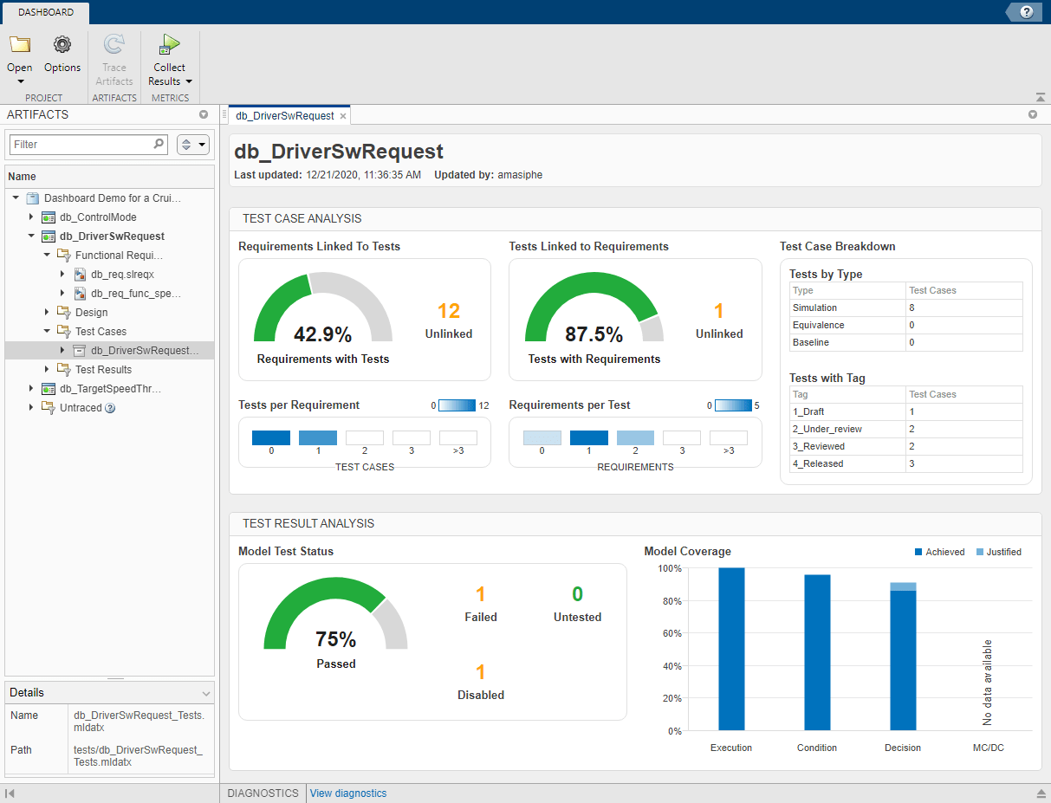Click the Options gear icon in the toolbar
(62, 46)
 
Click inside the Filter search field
(82, 145)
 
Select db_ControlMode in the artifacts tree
(97, 217)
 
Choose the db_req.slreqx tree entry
(121, 275)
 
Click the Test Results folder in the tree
(103, 370)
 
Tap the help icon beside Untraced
(110, 408)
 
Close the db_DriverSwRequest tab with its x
(343, 116)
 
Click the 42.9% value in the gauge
(322, 335)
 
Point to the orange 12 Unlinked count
(448, 311)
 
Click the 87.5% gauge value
(594, 335)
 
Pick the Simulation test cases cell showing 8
(912, 308)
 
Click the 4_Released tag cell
(817, 463)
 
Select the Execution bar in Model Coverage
(731, 649)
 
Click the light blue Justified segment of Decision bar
(903, 586)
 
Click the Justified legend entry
(998, 552)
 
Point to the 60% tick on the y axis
(670, 634)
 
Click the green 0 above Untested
(577, 594)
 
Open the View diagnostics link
(348, 793)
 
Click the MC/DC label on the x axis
(988, 748)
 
